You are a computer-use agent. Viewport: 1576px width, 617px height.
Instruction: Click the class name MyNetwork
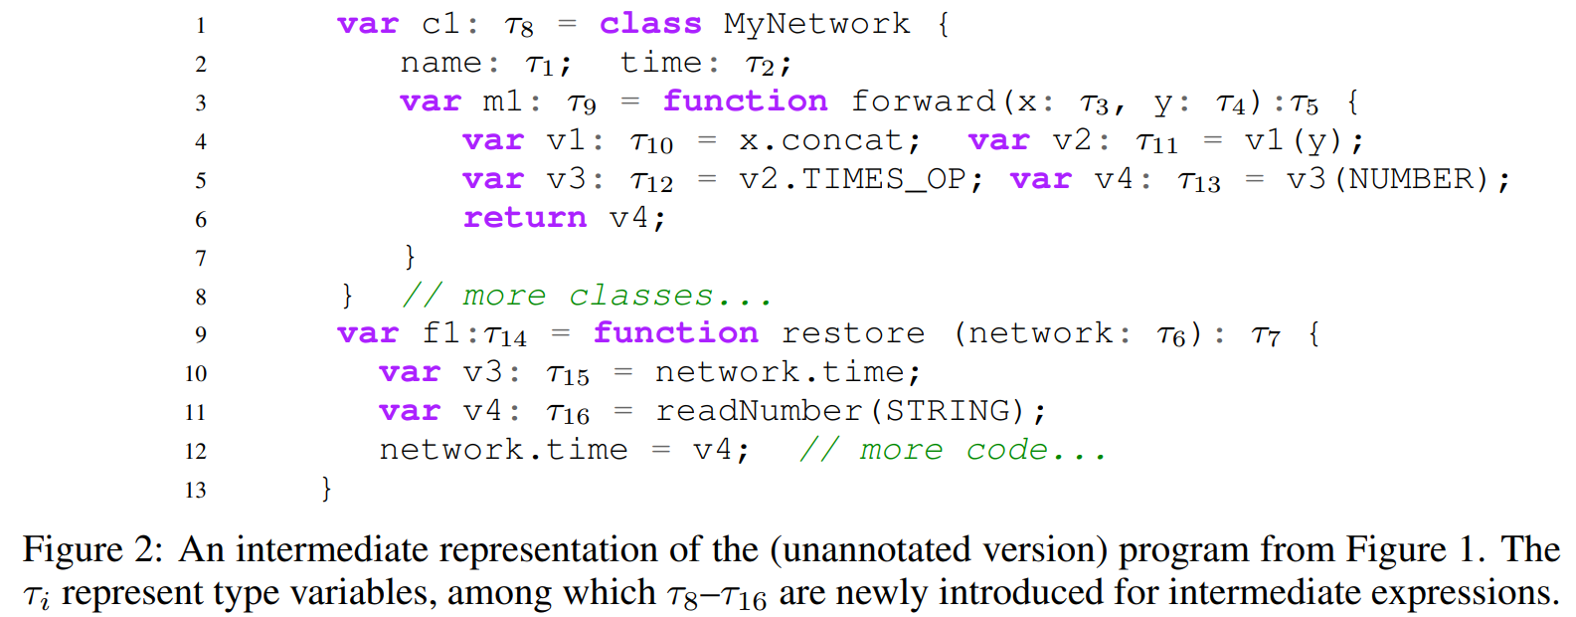coord(816,24)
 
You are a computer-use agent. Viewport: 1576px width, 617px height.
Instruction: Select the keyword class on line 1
coord(650,24)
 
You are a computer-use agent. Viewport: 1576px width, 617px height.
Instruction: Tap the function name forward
coord(923,102)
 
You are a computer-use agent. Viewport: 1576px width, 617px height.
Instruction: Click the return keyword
coord(524,218)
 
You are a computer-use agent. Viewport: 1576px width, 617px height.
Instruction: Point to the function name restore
coord(853,333)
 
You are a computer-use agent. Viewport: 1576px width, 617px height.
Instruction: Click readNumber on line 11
coord(759,411)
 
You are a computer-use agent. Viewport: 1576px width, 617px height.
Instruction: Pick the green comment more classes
coord(587,296)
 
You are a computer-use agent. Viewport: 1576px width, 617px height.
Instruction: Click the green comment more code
coord(953,450)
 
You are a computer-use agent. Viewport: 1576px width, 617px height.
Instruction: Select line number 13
coord(195,490)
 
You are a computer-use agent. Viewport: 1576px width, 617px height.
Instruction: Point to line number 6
coord(201,219)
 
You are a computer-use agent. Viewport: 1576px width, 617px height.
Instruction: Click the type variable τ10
coord(651,143)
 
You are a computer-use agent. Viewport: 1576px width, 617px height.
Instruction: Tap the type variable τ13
coord(1198,182)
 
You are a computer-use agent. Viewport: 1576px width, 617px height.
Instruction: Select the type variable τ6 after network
coord(1171,336)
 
